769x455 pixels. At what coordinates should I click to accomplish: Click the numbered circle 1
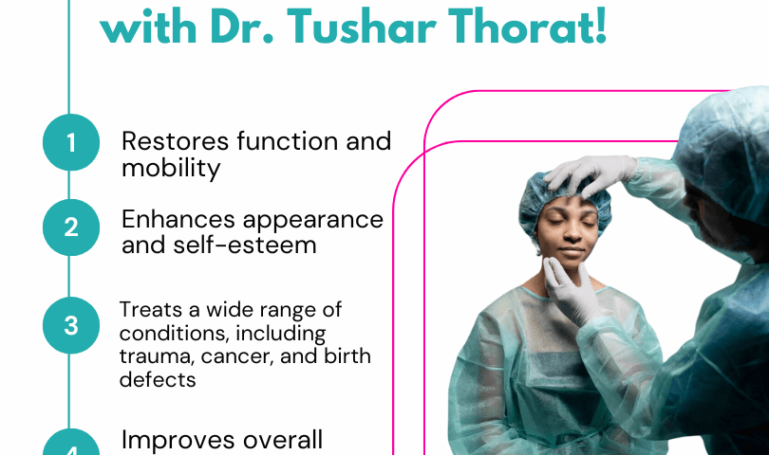click(x=71, y=142)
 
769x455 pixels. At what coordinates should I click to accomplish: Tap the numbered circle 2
click(x=71, y=227)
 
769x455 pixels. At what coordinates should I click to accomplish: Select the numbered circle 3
click(x=71, y=325)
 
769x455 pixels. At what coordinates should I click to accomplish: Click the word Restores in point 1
click(x=175, y=141)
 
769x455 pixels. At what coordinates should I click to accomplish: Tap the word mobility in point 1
click(x=171, y=169)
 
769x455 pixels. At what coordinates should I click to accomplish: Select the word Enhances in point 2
click(x=178, y=219)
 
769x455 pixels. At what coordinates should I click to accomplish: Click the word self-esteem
click(x=244, y=245)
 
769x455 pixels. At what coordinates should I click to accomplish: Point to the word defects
click(x=158, y=379)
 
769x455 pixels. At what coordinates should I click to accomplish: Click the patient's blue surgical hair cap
click(x=564, y=201)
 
